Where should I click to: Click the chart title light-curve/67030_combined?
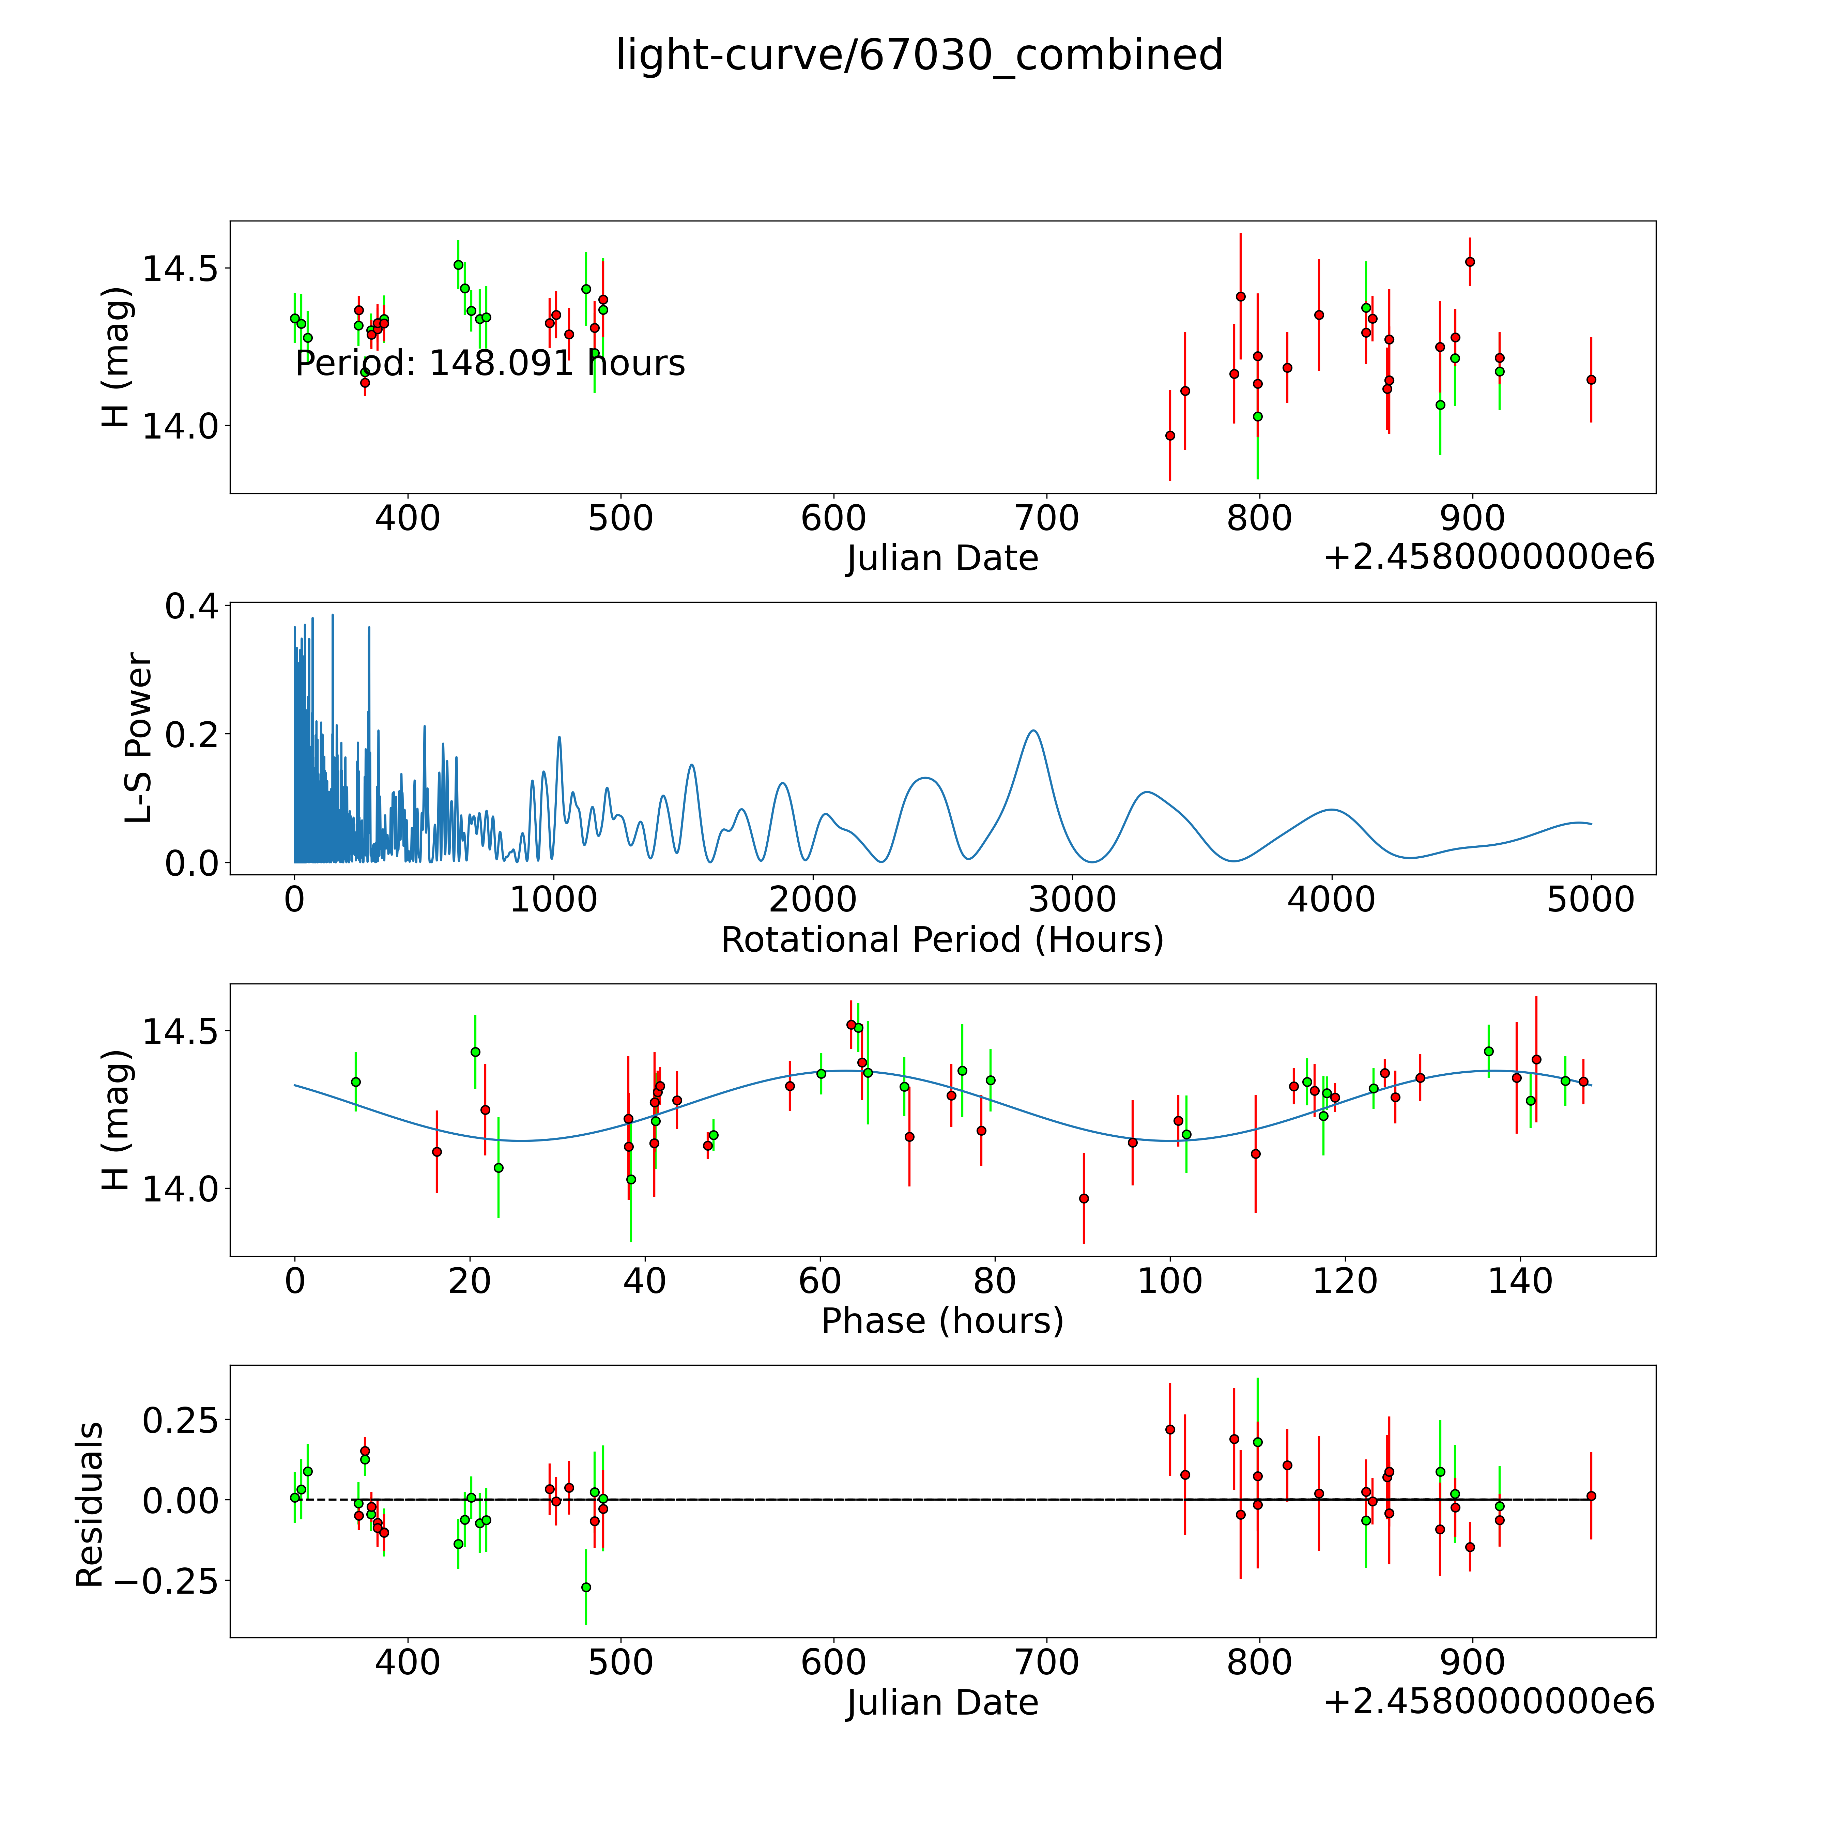pyautogui.click(x=919, y=55)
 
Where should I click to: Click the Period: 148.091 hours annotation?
pyautogui.click(x=490, y=364)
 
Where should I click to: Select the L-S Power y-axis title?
pyautogui.click(x=139, y=738)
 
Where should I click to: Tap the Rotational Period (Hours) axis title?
pyautogui.click(x=942, y=940)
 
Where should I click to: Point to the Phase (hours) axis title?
pyautogui.click(x=942, y=1321)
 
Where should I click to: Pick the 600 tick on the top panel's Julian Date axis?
pyautogui.click(x=833, y=519)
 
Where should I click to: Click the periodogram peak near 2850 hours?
pyautogui.click(x=1033, y=731)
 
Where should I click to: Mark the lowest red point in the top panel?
pyautogui.click(x=1169, y=435)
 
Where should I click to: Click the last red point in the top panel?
pyautogui.click(x=1591, y=379)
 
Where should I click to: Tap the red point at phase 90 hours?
pyautogui.click(x=1083, y=1198)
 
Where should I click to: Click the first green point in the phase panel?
pyautogui.click(x=355, y=1082)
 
